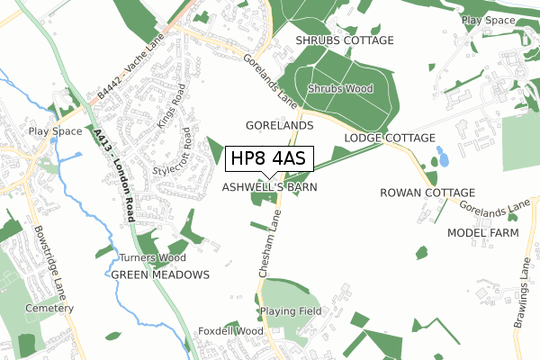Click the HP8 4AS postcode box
coord(269,158)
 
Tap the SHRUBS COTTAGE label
coord(346,40)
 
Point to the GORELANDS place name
coord(279,125)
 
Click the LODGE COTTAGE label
coord(390,139)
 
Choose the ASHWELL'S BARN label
coord(270,187)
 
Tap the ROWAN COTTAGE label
coord(427,193)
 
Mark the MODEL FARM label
coord(483,233)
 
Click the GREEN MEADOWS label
coord(160,274)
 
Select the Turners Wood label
coord(146,258)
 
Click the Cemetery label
coord(49,308)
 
